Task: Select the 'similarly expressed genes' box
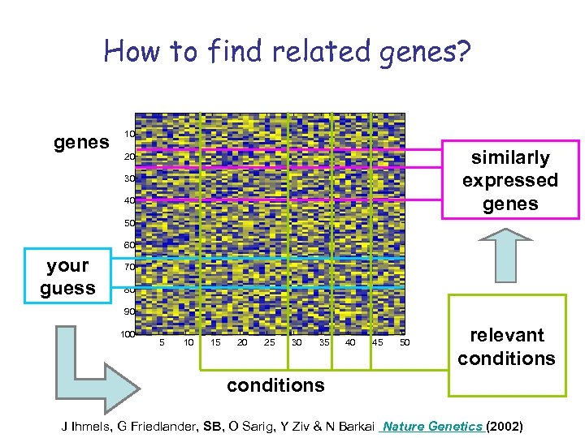[x=509, y=180]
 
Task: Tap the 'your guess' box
[x=67, y=277]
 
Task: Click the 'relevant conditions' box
[x=506, y=346]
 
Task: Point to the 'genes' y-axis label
[x=81, y=143]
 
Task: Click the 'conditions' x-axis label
[x=275, y=384]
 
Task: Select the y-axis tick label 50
[x=128, y=223]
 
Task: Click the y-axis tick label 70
[x=128, y=267]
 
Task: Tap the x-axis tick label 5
[x=162, y=343]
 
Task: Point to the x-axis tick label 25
[x=269, y=343]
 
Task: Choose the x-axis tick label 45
[x=377, y=343]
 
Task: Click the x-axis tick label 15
[x=215, y=343]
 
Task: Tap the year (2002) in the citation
[x=504, y=425]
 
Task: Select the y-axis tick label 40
[x=128, y=200]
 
